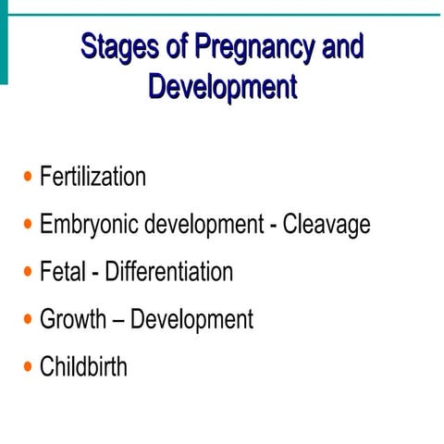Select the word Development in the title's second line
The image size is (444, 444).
pos(222,87)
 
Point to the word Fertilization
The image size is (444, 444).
pos(92,177)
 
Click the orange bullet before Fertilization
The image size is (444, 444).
pos(28,177)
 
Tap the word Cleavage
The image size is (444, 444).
pos(327,225)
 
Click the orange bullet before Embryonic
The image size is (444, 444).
pos(28,225)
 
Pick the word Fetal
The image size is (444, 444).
pos(64,272)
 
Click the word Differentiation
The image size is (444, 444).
pos(168,272)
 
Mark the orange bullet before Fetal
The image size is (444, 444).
pos(28,272)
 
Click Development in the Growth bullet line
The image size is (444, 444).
pos(191,320)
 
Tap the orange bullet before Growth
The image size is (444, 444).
pos(28,320)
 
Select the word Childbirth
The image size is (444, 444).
pos(83,366)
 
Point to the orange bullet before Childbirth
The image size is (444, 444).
pos(28,366)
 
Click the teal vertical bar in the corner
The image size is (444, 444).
pos(4,42)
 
